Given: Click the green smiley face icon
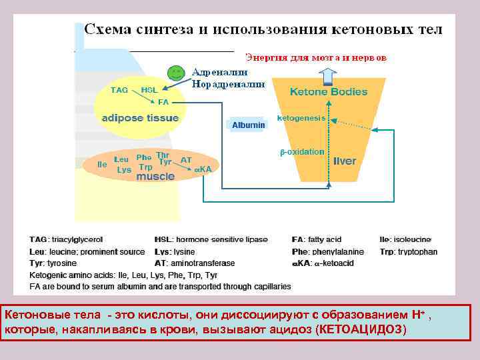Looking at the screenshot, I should pyautogui.click(x=175, y=71).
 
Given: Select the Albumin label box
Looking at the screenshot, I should pyautogui.click(x=249, y=125).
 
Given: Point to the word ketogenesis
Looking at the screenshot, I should pyautogui.click(x=301, y=118).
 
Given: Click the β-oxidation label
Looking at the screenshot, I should pyautogui.click(x=301, y=152).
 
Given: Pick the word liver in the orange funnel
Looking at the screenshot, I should pyautogui.click(x=345, y=161).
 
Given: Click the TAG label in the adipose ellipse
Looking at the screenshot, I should pyautogui.click(x=119, y=89).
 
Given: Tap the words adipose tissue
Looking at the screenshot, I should pyautogui.click(x=140, y=118).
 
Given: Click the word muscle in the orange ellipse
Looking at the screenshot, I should pyautogui.click(x=155, y=177).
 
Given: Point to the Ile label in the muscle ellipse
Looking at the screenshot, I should pyautogui.click(x=102, y=163).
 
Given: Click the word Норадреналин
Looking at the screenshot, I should pyautogui.click(x=228, y=84).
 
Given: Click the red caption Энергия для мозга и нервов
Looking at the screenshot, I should pyautogui.click(x=315, y=57).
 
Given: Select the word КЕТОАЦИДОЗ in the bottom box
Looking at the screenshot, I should pyautogui.click(x=361, y=330).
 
